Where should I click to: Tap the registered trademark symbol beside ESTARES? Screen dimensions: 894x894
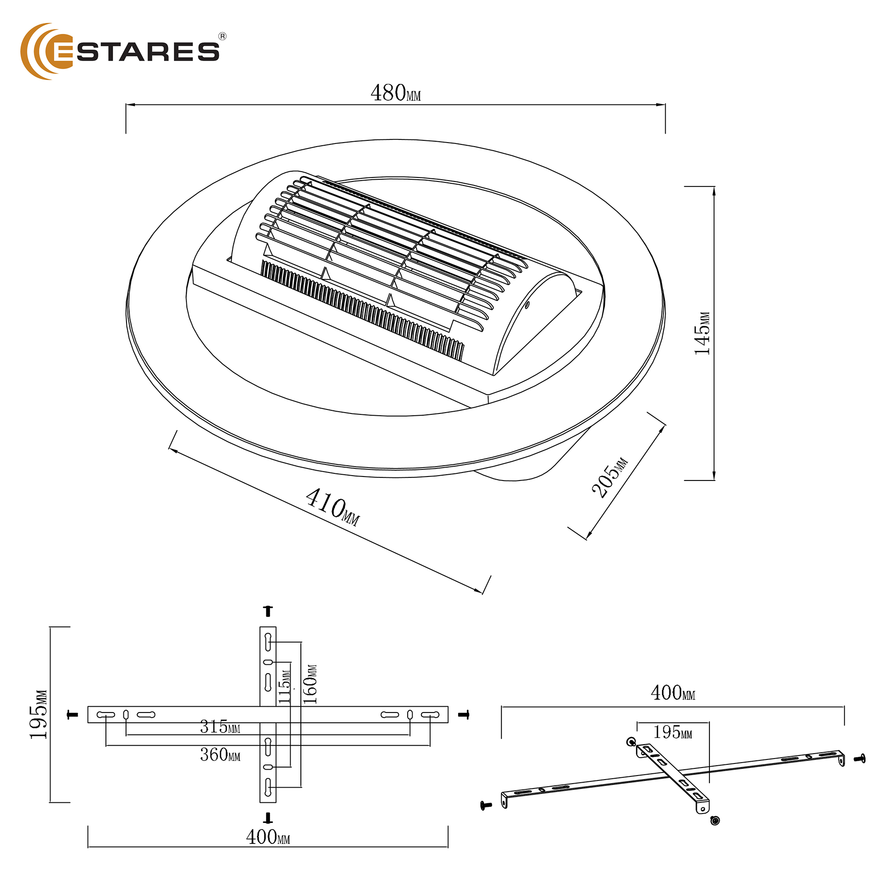click(x=222, y=37)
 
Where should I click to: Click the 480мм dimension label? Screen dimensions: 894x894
click(x=396, y=93)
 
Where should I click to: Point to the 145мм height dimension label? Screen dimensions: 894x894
click(x=702, y=333)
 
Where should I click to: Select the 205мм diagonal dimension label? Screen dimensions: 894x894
click(x=610, y=477)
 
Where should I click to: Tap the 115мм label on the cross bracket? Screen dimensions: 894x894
click(x=285, y=687)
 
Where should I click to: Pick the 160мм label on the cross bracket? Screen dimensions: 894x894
click(x=310, y=684)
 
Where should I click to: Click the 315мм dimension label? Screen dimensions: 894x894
click(x=220, y=727)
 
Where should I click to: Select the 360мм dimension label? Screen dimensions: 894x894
click(x=220, y=755)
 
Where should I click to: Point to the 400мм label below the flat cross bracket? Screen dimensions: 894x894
click(x=268, y=837)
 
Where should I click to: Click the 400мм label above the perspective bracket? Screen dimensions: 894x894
click(x=673, y=693)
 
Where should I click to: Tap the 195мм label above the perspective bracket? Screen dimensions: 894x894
click(x=672, y=732)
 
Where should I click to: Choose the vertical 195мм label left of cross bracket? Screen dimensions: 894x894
click(x=38, y=715)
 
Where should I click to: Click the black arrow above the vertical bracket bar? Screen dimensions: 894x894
click(x=268, y=611)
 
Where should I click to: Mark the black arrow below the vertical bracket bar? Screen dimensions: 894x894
click(x=267, y=818)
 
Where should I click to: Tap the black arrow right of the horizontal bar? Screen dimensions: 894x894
click(x=464, y=715)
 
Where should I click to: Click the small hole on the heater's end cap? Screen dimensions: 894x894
click(x=527, y=304)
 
